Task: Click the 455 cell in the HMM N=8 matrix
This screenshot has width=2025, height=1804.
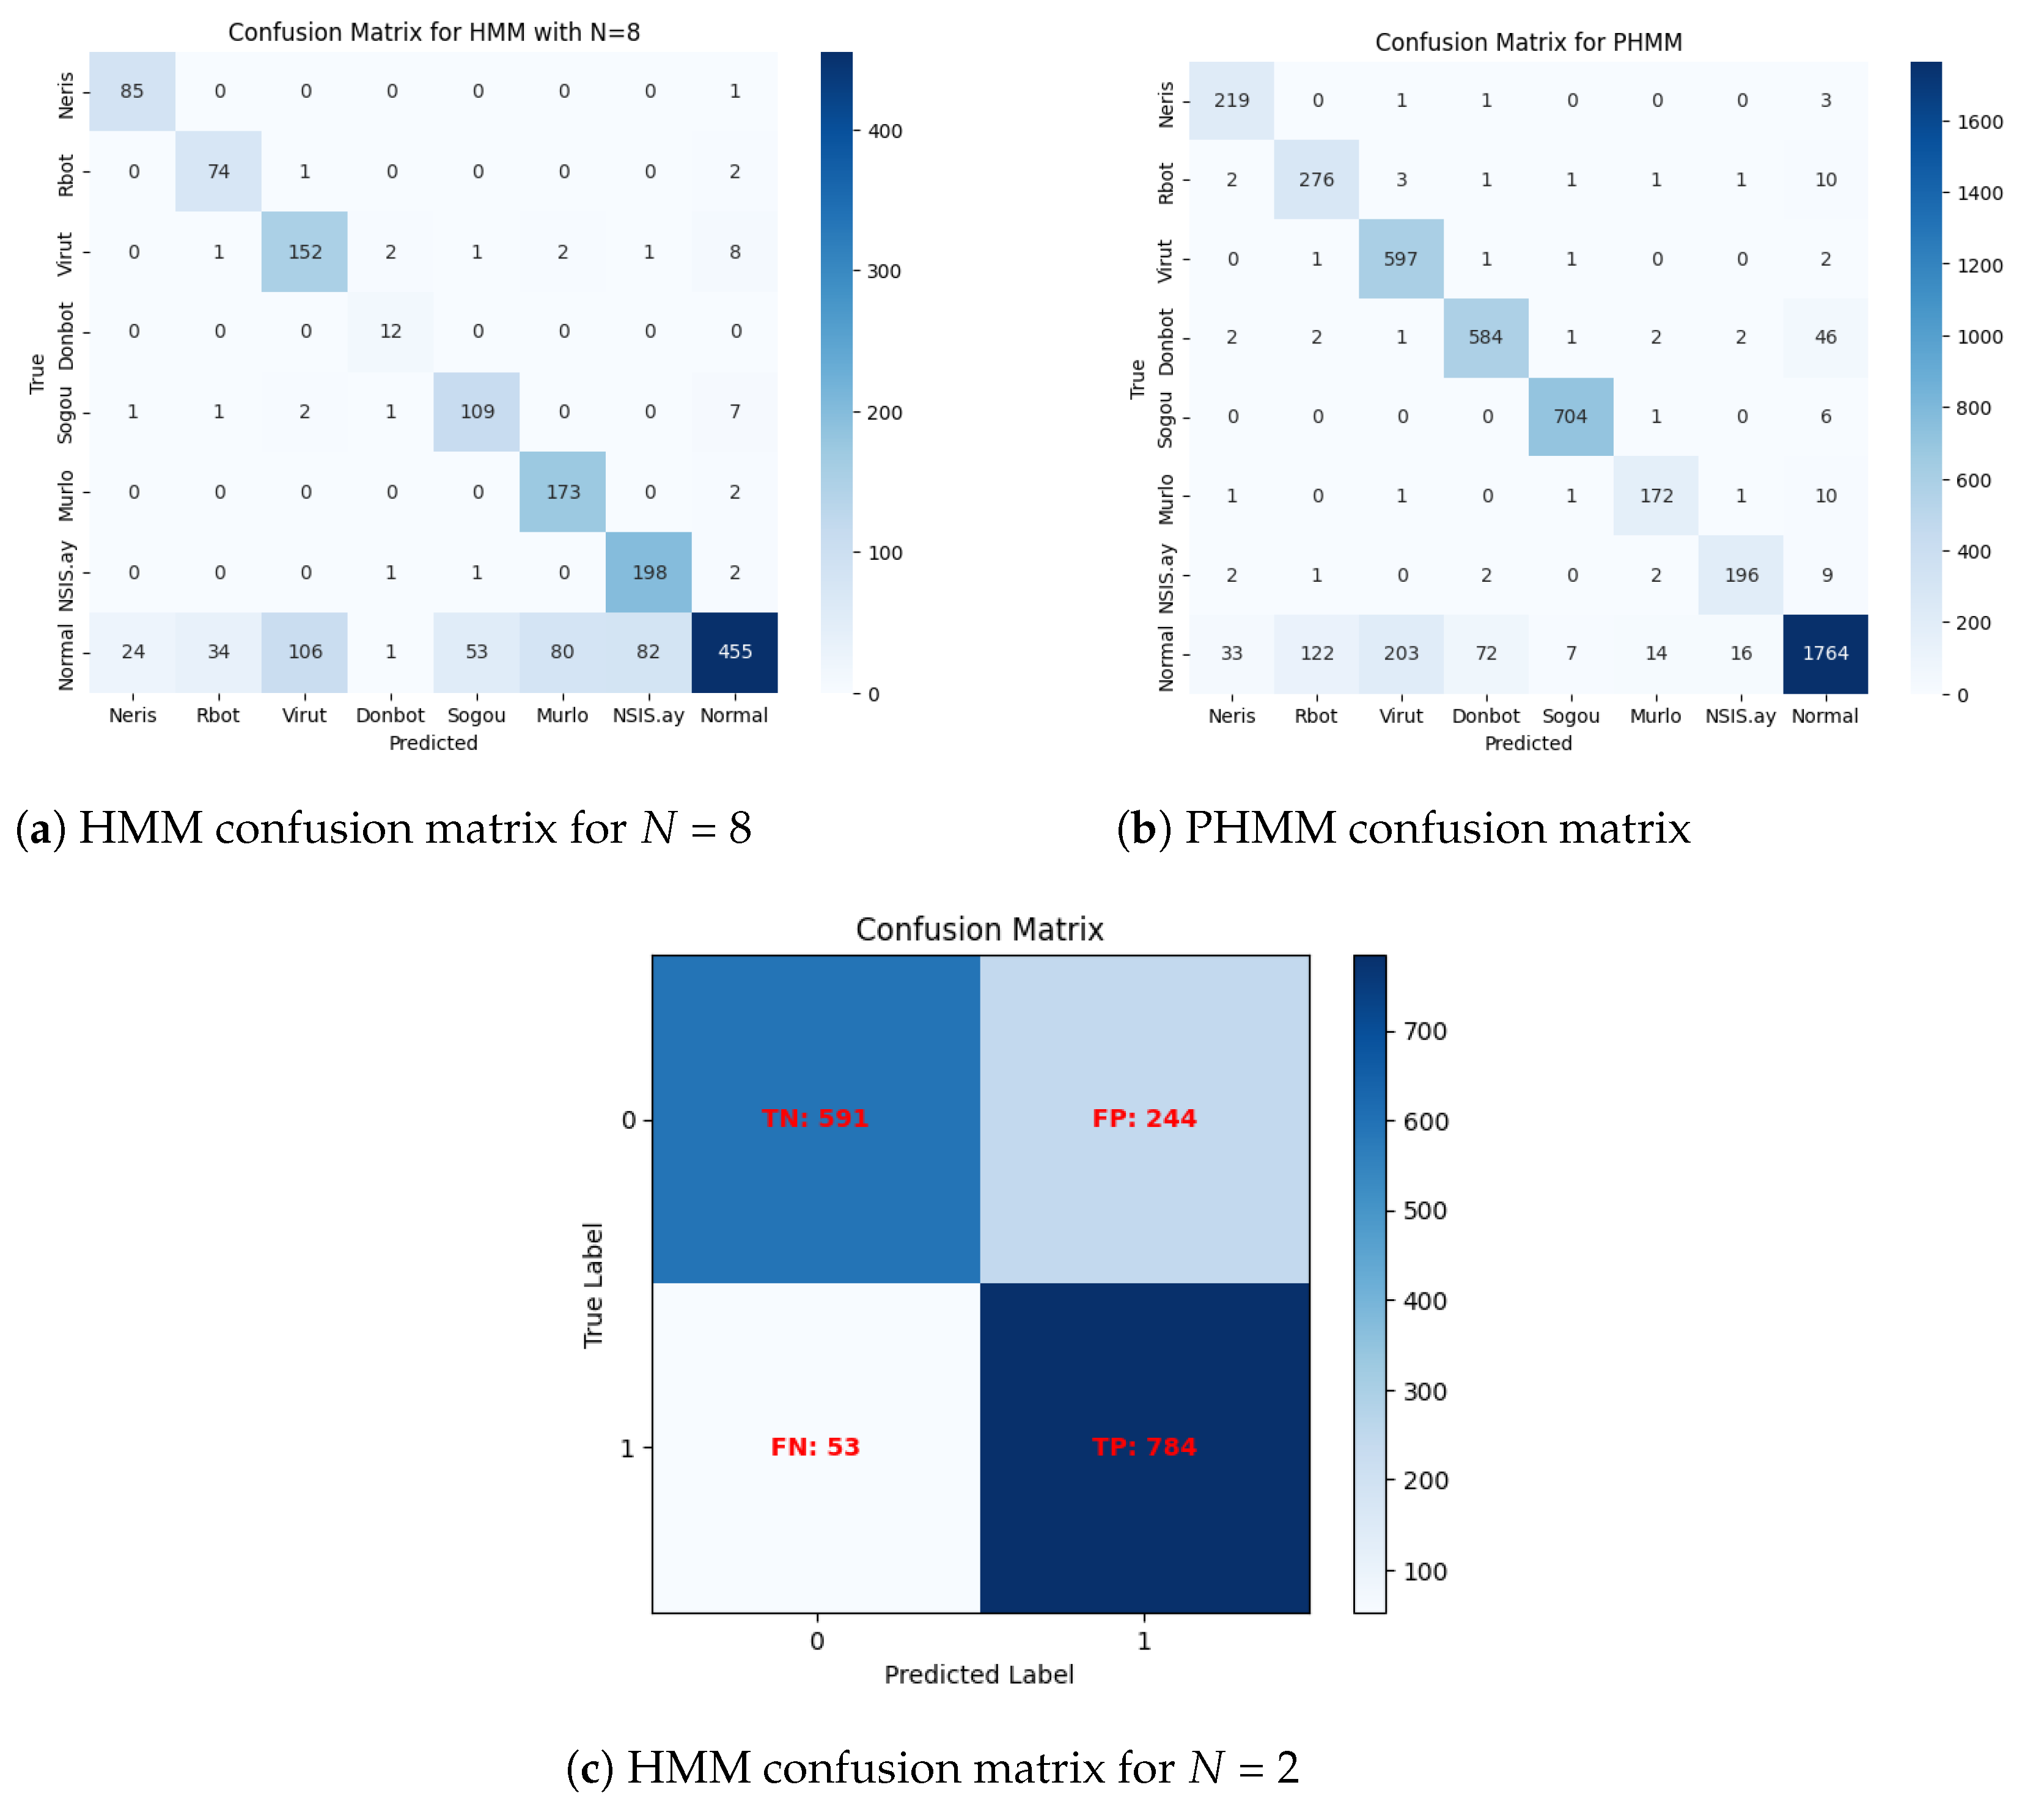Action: tap(735, 651)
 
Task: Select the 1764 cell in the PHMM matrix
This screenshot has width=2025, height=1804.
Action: tap(1825, 653)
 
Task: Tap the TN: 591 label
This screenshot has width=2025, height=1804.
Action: tap(815, 1118)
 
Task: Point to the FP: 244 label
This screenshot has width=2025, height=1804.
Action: tap(1144, 1118)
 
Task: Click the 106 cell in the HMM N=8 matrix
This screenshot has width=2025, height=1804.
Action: tap(304, 651)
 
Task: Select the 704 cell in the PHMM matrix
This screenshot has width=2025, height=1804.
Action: tap(1570, 416)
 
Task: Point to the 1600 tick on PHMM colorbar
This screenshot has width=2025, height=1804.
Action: tap(1979, 122)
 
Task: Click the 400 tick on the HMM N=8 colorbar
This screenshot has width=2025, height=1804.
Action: tap(884, 131)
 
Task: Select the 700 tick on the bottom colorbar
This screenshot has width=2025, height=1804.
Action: tap(1424, 1031)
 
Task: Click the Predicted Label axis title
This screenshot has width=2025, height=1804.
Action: tap(979, 1674)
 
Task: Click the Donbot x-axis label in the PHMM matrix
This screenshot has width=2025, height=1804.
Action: tap(1485, 716)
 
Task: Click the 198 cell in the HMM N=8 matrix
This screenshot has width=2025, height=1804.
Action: tap(649, 572)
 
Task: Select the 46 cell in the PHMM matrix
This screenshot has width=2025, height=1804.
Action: tap(1825, 337)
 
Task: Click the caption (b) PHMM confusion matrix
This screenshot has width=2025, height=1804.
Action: tap(1403, 827)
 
